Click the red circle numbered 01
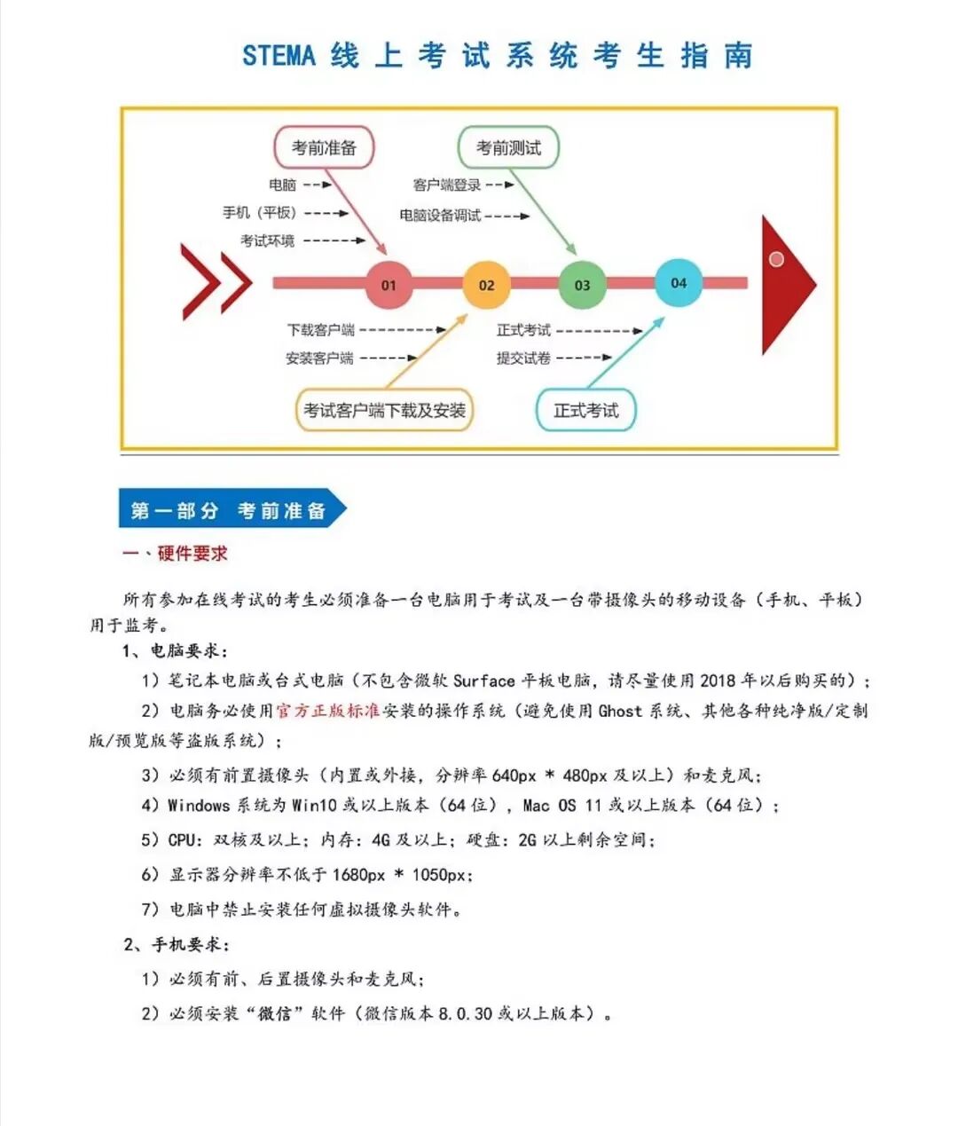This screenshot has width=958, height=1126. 389,284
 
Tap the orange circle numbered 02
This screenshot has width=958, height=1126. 486,284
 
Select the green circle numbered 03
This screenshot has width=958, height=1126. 582,284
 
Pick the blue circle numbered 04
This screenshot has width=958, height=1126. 679,282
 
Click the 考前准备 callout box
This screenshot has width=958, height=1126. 324,148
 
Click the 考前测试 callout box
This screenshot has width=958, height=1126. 508,147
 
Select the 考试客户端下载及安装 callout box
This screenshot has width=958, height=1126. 384,410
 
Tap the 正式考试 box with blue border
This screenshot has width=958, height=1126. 585,410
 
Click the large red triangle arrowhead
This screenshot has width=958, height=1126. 784,284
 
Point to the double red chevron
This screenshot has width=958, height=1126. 216,282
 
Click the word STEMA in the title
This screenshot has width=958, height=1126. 279,56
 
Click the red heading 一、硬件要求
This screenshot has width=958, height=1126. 175,554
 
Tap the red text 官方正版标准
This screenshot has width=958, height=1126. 327,711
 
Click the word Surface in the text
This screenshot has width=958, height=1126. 484,681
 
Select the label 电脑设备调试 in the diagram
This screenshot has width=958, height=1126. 440,215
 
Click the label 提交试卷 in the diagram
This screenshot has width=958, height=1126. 523,358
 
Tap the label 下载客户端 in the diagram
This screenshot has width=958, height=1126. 320,330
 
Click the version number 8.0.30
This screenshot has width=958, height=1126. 465,1013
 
